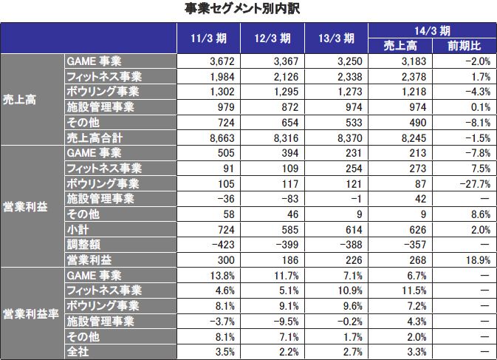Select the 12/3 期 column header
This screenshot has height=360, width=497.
click(273, 38)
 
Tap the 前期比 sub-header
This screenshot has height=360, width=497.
click(463, 46)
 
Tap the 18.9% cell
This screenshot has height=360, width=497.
click(477, 260)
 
